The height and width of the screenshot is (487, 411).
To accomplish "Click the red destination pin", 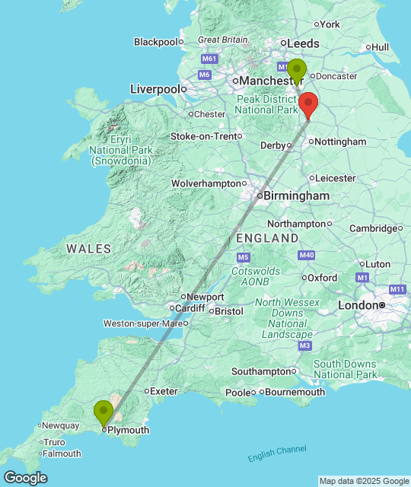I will (x=307, y=104).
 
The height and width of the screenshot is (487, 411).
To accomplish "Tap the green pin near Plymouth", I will (x=104, y=413).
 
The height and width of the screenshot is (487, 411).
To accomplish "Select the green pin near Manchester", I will (x=296, y=70).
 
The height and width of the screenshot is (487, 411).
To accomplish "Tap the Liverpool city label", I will (x=155, y=89).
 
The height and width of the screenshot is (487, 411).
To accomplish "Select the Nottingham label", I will (x=340, y=142).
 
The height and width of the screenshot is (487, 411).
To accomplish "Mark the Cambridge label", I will (x=372, y=228).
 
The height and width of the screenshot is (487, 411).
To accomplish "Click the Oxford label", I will (x=323, y=278).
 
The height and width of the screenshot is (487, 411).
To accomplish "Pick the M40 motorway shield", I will (x=307, y=255).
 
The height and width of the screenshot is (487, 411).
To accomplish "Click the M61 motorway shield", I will (x=209, y=59).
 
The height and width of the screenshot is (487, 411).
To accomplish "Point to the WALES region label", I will (x=88, y=249).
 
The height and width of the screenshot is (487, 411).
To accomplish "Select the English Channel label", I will (x=277, y=454).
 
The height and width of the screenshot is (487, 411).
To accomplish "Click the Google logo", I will (x=25, y=478).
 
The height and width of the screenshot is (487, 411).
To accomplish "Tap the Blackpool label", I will (x=155, y=42).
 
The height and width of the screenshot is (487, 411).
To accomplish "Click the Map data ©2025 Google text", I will (x=363, y=481).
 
